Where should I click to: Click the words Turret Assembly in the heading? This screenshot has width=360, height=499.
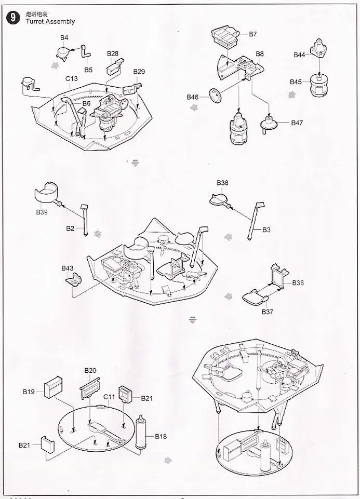coord(50,22)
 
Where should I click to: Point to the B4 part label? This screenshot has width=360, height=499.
coord(64,37)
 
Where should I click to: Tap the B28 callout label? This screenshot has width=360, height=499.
coord(113,53)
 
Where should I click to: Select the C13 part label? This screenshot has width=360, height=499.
coord(72,78)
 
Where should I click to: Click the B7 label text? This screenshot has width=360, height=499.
coord(253,34)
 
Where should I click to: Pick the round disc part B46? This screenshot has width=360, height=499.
coord(215,95)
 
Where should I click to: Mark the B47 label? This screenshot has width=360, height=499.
coord(297,123)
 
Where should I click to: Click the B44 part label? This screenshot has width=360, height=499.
coord(299,55)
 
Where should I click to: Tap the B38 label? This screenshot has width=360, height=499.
coord(222,183)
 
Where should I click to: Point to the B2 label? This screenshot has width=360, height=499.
coord(70,228)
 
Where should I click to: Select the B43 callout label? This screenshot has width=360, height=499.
coord(68,268)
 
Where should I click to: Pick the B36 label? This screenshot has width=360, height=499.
coord(298,283)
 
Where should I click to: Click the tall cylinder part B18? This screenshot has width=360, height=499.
coord(141,433)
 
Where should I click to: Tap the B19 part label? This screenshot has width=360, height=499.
coord(29,392)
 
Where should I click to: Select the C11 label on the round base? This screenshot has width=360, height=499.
coord(109,397)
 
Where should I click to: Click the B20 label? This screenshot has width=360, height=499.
coord(90,370)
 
